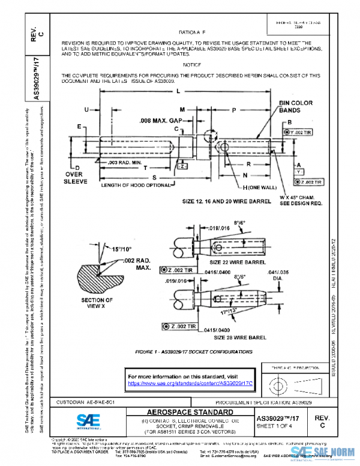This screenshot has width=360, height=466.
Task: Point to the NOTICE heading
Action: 191,64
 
